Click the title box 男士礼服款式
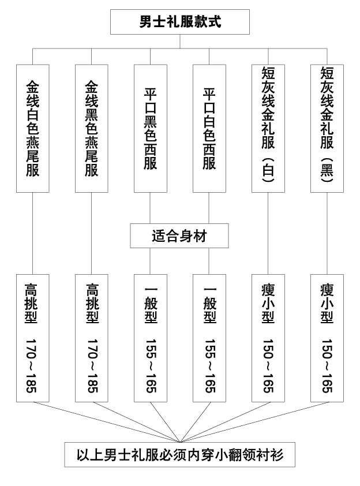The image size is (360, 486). pyautogui.click(x=180, y=22)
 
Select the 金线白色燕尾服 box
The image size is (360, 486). pyautogui.click(x=33, y=128)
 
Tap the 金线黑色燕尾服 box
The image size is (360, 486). pyautogui.click(x=92, y=128)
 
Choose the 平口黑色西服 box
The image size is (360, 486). pyautogui.click(x=151, y=128)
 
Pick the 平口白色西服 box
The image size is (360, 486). pyautogui.click(x=209, y=128)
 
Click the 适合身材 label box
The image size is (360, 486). pyautogui.click(x=179, y=235)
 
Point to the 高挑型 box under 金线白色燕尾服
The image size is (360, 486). pyautogui.click(x=33, y=338)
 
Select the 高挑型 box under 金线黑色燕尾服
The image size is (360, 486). pyautogui.click(x=92, y=338)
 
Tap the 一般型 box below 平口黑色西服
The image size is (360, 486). pyautogui.click(x=151, y=338)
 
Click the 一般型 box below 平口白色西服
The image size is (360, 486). pyautogui.click(x=209, y=338)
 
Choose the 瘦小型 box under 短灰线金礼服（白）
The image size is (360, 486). pyautogui.click(x=268, y=338)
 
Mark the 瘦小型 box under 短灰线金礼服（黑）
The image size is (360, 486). pyautogui.click(x=327, y=338)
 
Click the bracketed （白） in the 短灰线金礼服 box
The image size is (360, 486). pyautogui.click(x=268, y=170)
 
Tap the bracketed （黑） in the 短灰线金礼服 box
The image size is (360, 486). pyautogui.click(x=327, y=170)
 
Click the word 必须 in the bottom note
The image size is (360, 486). pyautogui.click(x=173, y=455)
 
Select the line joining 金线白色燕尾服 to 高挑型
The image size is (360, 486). pyautogui.click(x=32, y=233)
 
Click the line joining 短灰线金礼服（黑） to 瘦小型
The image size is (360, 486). pyautogui.click(x=327, y=233)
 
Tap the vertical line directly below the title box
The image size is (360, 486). pyautogui.click(x=180, y=42)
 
